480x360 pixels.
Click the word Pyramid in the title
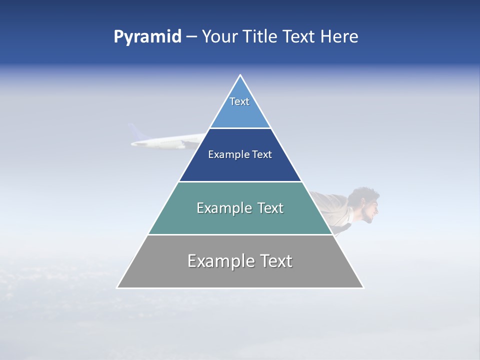[x=147, y=37]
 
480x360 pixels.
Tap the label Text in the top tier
[x=239, y=101]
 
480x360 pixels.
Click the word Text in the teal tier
[x=270, y=208]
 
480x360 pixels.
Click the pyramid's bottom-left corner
[x=117, y=287]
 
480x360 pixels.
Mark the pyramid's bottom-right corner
[x=363, y=287]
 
